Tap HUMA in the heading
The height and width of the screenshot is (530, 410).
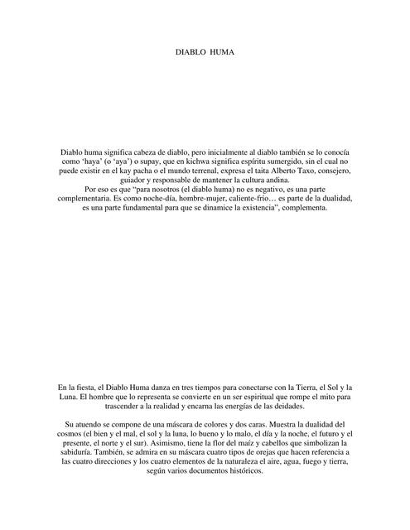223,51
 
